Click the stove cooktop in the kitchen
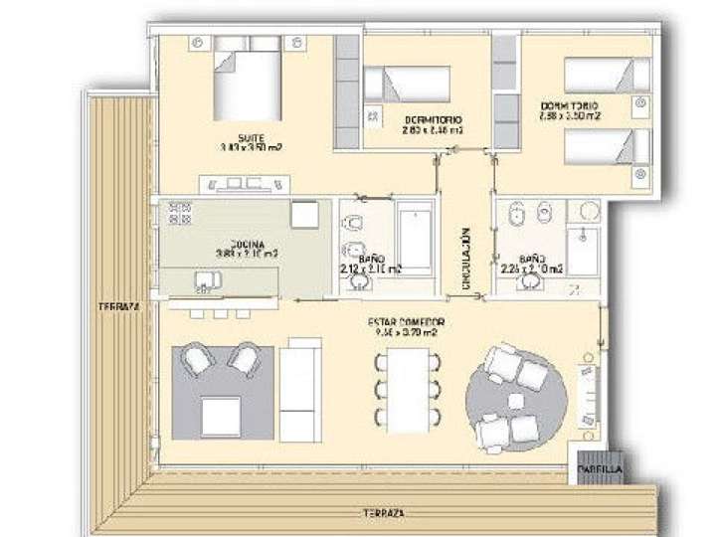tap(180, 213)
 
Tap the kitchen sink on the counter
tap(206, 284)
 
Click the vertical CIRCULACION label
tap(464, 258)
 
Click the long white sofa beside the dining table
tap(299, 388)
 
